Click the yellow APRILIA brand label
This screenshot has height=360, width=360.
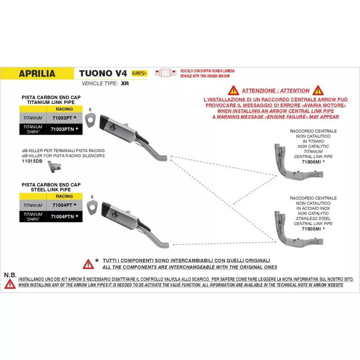click(x=37, y=74)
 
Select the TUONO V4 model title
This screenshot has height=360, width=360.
click(x=103, y=73)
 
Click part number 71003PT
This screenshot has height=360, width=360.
click(x=63, y=118)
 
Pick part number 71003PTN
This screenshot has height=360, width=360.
click(x=64, y=129)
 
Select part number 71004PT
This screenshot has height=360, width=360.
click(x=63, y=205)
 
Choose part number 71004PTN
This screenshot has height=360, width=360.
click(x=64, y=217)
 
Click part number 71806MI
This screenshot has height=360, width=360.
click(x=311, y=161)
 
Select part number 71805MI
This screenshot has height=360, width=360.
click(x=311, y=228)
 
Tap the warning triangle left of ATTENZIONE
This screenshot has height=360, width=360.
click(x=233, y=91)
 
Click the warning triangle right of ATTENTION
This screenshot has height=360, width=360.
click(x=318, y=91)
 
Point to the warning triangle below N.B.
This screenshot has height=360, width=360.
click(x=10, y=283)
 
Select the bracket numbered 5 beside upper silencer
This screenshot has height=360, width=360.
click(x=91, y=120)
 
